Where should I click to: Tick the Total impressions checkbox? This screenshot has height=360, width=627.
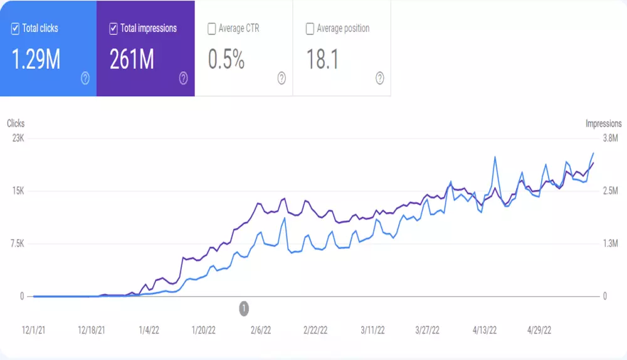(x=113, y=28)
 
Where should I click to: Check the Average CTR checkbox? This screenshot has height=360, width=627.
(x=212, y=28)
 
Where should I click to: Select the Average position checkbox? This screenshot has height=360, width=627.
(x=310, y=28)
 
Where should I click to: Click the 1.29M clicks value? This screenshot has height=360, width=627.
(x=36, y=59)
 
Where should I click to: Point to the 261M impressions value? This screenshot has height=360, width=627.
(x=132, y=59)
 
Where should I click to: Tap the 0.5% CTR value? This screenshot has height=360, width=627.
(x=226, y=59)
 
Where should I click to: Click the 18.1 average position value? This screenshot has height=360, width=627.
(x=322, y=59)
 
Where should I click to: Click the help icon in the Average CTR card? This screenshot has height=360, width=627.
(x=282, y=78)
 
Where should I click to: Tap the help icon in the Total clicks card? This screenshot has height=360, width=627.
(x=85, y=78)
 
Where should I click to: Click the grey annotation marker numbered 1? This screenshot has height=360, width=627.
(x=244, y=308)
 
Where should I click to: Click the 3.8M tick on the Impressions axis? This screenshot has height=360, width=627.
(x=609, y=139)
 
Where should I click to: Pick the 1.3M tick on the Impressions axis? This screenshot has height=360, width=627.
(x=609, y=243)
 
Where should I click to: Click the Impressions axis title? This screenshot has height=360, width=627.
(x=603, y=124)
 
